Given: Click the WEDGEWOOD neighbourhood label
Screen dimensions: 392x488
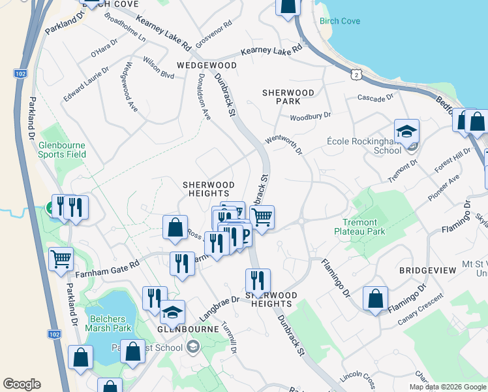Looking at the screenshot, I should [x=207, y=66].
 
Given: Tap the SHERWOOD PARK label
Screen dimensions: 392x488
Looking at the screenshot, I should [x=288, y=97].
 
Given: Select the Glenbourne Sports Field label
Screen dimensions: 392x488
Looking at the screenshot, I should [x=62, y=150].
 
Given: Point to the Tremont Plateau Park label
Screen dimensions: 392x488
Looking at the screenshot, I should [x=359, y=227].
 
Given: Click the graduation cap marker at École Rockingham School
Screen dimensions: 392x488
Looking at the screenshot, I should [x=406, y=132].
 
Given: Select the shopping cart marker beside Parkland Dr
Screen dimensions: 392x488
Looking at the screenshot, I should [x=61, y=259].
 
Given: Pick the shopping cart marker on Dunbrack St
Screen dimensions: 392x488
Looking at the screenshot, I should [x=262, y=218].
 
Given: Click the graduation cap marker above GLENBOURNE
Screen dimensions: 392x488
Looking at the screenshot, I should [x=173, y=312].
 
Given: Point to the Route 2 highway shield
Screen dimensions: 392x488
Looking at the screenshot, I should [x=356, y=75].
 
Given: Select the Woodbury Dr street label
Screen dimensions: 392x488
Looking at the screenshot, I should [x=311, y=116].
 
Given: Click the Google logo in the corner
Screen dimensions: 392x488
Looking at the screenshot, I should [x=22, y=384].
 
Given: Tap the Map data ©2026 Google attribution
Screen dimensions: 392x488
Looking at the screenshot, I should [x=446, y=387].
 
